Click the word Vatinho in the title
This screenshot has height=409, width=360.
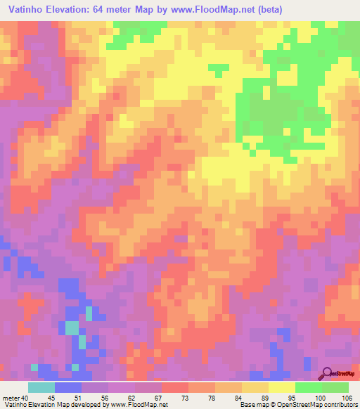(x=26, y=8)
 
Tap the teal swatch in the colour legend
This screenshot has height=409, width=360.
(x=41, y=387)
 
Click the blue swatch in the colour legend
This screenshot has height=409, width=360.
(x=68, y=387)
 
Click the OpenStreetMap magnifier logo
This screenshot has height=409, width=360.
(x=327, y=372)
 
